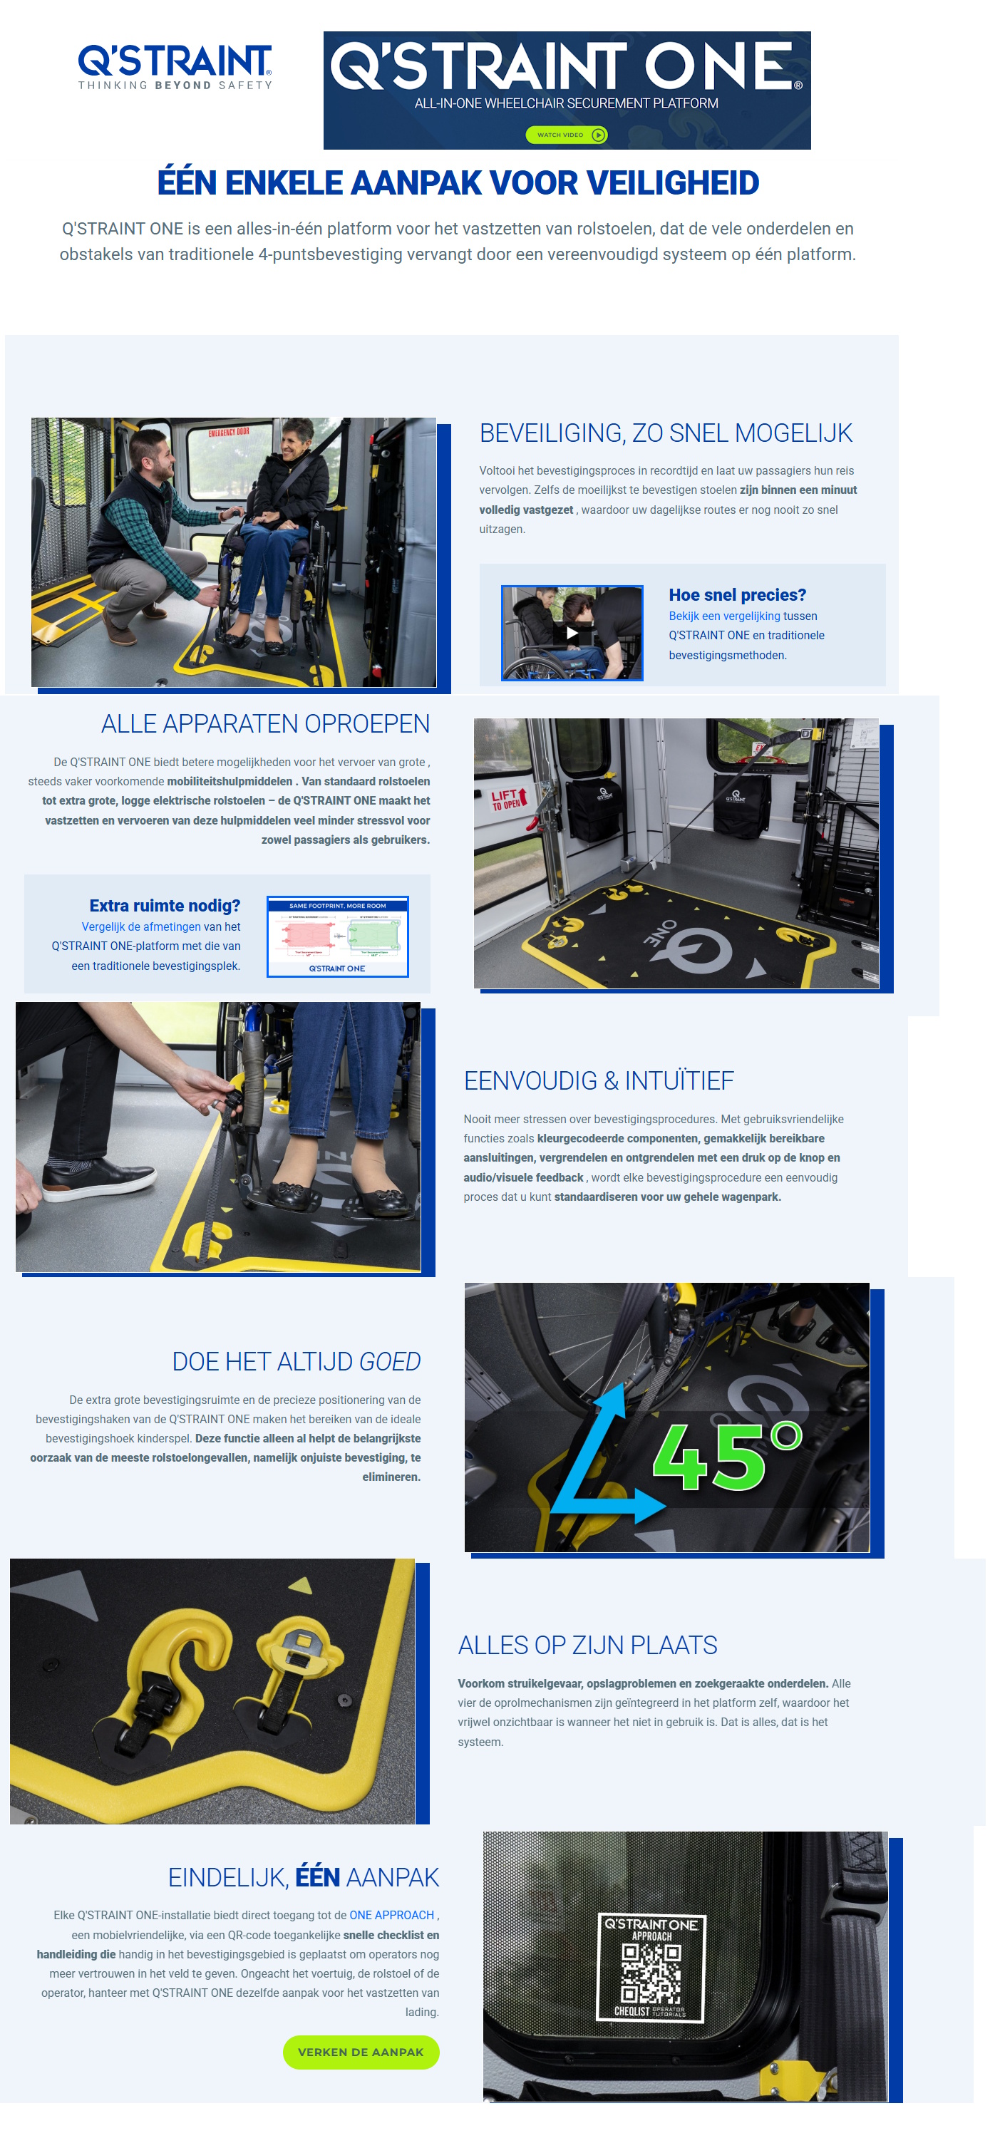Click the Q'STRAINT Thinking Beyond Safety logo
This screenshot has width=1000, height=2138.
point(175,66)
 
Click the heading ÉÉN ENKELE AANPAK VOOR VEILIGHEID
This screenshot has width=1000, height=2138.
point(458,182)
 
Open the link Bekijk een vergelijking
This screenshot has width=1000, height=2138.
point(723,616)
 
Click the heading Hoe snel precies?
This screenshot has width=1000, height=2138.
point(736,594)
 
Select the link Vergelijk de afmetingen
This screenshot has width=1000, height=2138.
point(141,926)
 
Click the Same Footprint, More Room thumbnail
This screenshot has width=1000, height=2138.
point(337,936)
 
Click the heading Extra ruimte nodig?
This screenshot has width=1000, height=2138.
point(165,906)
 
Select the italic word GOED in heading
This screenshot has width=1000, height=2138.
point(389,1361)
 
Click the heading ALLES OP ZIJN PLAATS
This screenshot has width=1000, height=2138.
point(587,1645)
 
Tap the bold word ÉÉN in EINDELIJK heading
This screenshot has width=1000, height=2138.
point(317,1877)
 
